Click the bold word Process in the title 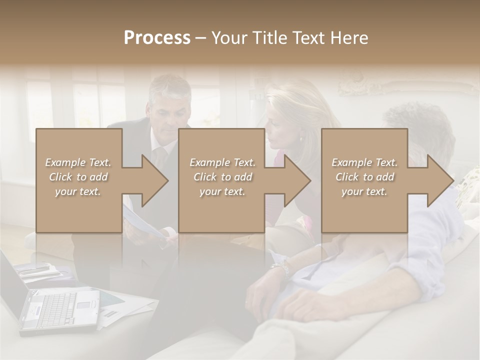pos(157,38)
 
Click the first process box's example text pos(78,177)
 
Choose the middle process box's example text pos(222,177)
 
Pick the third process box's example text pos(364,177)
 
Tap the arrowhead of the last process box pos(440,180)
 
